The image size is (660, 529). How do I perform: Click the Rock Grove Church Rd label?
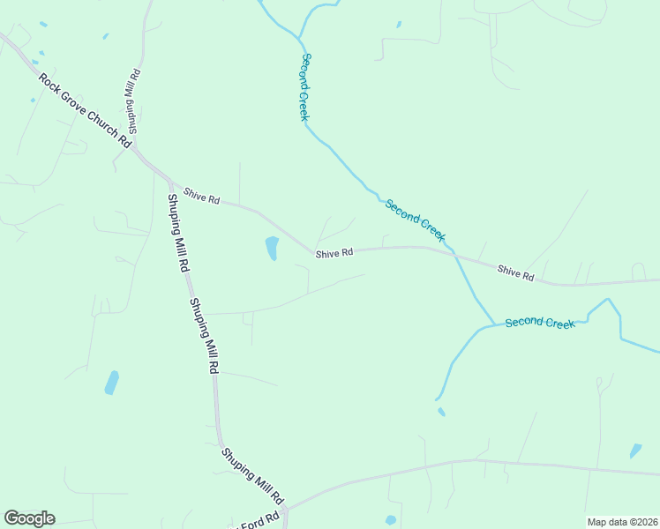pos(85,109)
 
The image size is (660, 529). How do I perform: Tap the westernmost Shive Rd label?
pos(201,196)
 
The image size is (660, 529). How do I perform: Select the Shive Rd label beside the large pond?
pos(334,253)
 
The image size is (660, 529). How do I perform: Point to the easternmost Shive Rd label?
pos(515,274)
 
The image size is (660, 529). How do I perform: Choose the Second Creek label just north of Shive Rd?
pos(415,220)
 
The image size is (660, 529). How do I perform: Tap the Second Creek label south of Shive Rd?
pos(540,323)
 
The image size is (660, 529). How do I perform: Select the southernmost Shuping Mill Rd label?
pos(252,474)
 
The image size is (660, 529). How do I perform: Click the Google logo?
pos(29,518)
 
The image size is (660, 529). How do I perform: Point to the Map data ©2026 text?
pos(621,521)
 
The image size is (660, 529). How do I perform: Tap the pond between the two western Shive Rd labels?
pos(272,248)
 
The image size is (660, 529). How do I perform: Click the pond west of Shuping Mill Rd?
pos(111,383)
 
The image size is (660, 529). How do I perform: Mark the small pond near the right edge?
pos(635,451)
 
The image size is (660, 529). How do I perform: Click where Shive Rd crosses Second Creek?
pos(453,252)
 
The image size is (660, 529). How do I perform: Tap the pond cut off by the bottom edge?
pos(390,521)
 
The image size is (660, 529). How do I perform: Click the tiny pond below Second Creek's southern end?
pos(441,411)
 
